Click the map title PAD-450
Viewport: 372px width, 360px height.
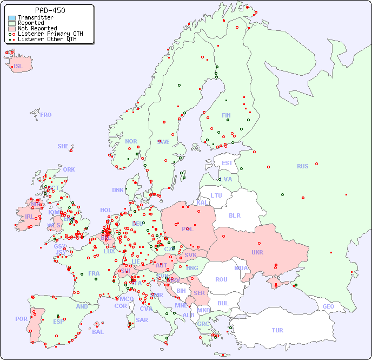point(50,10)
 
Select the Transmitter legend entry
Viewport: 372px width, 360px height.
point(35,17)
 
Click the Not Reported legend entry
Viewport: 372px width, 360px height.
point(37,28)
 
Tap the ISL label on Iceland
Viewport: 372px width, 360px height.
point(18,67)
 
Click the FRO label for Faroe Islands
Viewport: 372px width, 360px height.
point(46,115)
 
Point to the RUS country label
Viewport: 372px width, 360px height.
point(302,166)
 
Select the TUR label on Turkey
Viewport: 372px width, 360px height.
point(277,330)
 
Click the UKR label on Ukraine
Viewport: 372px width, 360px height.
point(257,252)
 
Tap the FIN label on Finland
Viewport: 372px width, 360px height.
point(226,115)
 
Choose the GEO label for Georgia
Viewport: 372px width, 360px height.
point(328,306)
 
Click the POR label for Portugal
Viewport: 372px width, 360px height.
point(21,319)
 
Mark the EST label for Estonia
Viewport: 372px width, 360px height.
point(227,163)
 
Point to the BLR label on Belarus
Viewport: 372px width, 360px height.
point(234,215)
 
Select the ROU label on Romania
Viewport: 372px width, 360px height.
point(221,279)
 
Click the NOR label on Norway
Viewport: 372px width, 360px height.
point(131,141)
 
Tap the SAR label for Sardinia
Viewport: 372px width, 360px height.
point(142,320)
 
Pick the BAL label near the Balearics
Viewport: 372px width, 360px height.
point(97,332)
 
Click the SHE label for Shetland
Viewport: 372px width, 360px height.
point(63,146)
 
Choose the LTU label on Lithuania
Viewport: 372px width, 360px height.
point(216,195)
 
